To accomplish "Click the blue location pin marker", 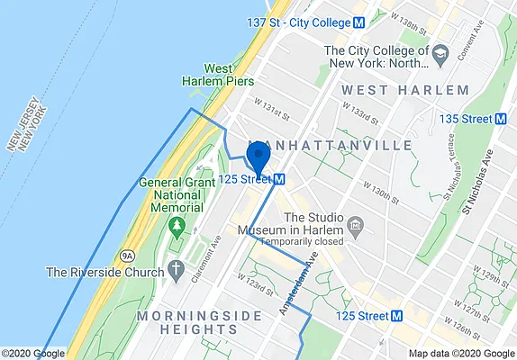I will (x=258, y=157).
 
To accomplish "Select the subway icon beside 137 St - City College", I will (x=358, y=22).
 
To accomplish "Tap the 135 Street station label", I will (x=467, y=119).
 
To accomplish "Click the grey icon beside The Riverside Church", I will (x=176, y=271).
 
